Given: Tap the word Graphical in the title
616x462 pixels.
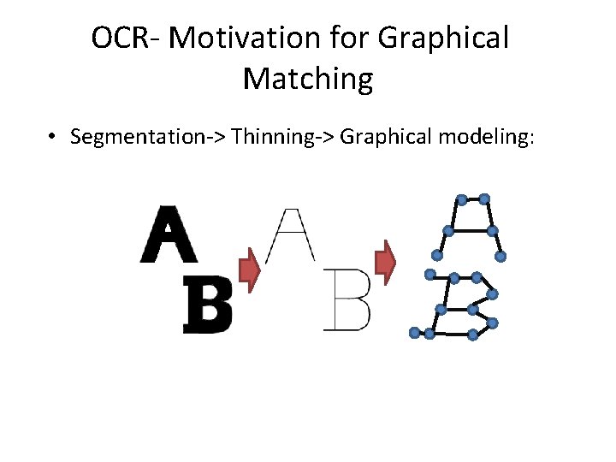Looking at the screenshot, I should tap(444, 38).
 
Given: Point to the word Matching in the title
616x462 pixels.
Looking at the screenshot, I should tap(308, 79).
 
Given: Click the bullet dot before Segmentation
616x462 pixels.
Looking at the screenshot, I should tap(53, 137).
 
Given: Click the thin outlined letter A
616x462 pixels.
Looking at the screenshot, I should tap(291, 234).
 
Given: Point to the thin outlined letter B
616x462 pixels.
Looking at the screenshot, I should tap(347, 300).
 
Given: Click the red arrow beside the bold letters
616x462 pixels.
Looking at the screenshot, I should tap(248, 269).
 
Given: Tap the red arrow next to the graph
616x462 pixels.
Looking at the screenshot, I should tap(387, 263).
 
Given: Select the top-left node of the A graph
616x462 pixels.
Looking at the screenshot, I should tap(461, 200).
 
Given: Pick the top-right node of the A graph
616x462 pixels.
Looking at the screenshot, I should tap(484, 198).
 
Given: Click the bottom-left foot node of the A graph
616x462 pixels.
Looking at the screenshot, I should tap(436, 255).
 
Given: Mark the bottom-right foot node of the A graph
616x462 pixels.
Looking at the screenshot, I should tap(500, 256).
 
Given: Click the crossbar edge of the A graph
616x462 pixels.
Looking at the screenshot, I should tap(470, 231).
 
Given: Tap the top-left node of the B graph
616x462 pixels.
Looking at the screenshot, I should tap(430, 275).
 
